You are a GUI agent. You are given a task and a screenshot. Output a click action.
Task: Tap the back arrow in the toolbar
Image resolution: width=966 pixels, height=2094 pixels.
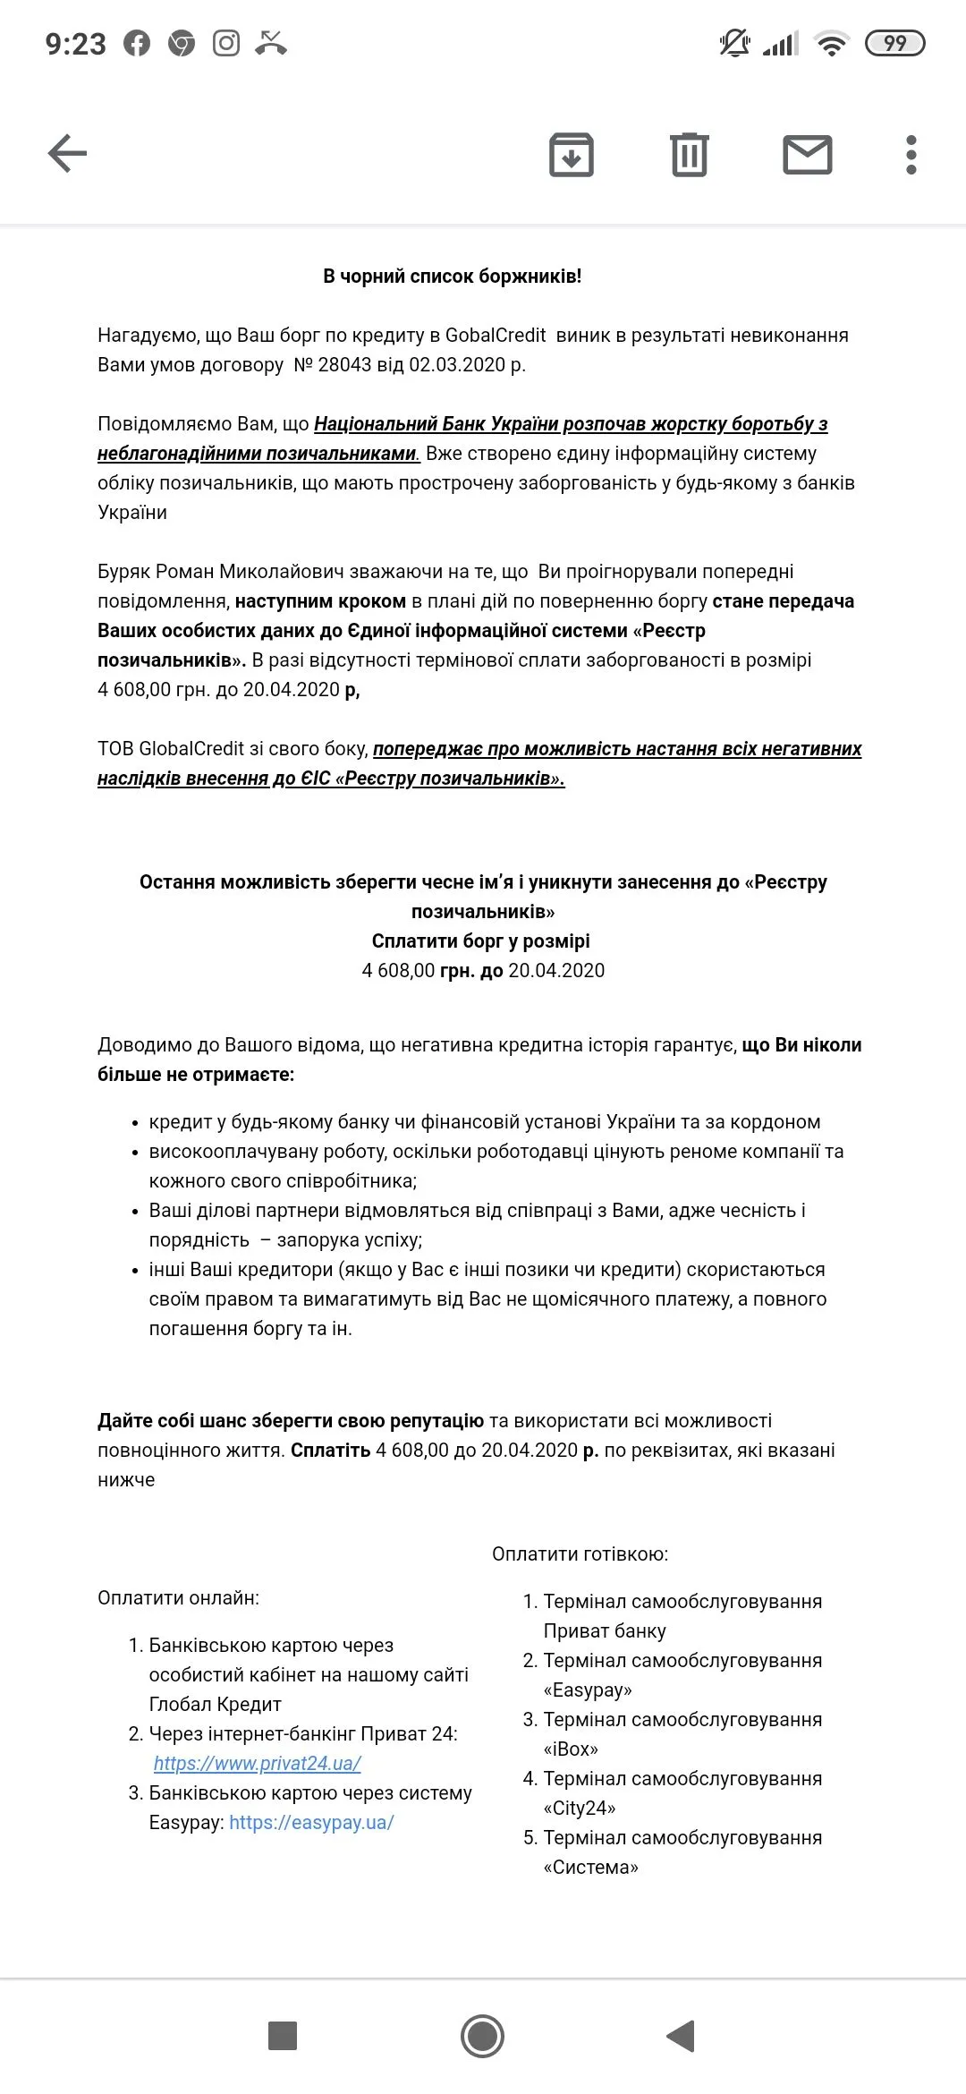67,153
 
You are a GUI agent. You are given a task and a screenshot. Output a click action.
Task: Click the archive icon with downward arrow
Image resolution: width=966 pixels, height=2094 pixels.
571,155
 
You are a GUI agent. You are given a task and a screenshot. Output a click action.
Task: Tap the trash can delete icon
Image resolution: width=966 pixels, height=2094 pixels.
689,155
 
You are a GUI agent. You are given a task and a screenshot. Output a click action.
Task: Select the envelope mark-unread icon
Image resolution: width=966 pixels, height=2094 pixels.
807,155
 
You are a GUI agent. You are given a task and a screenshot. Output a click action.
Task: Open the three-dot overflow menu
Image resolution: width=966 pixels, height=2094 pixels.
911,155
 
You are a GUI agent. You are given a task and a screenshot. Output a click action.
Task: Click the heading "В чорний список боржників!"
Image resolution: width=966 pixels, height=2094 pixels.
452,277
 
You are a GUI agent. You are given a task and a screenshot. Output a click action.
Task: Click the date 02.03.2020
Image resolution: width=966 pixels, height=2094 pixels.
456,365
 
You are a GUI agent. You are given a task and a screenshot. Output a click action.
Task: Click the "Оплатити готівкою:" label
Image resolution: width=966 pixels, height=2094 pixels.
580,1554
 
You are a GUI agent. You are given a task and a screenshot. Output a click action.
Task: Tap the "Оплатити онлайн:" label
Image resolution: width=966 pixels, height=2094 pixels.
178,1598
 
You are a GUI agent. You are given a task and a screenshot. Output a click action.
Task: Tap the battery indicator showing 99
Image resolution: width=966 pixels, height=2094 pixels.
894,43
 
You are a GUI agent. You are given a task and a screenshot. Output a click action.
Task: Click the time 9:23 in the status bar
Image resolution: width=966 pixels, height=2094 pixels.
76,44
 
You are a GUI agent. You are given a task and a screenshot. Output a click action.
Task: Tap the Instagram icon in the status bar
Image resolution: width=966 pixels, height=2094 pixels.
226,43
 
